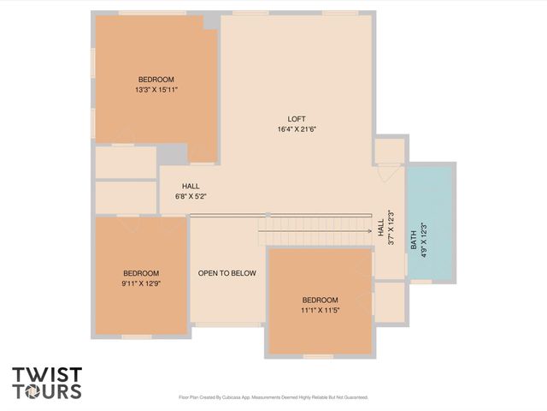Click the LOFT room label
pos(297,119)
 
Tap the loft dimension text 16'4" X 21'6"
pos(297,129)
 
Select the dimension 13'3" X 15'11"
pos(156,89)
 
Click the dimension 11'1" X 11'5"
pos(321,310)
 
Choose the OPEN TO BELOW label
pos(227,273)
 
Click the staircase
pos(315,230)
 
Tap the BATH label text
pos(414,244)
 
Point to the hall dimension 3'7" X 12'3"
pos(391,229)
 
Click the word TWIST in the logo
pos(46,375)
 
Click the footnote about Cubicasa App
pos(273,397)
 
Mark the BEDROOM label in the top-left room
pos(156,80)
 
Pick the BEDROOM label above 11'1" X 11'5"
pos(321,300)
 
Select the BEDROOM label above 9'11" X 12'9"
pos(141,274)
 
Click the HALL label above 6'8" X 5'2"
pos(191,186)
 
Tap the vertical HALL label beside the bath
pos(380,229)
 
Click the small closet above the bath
pos(389,151)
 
